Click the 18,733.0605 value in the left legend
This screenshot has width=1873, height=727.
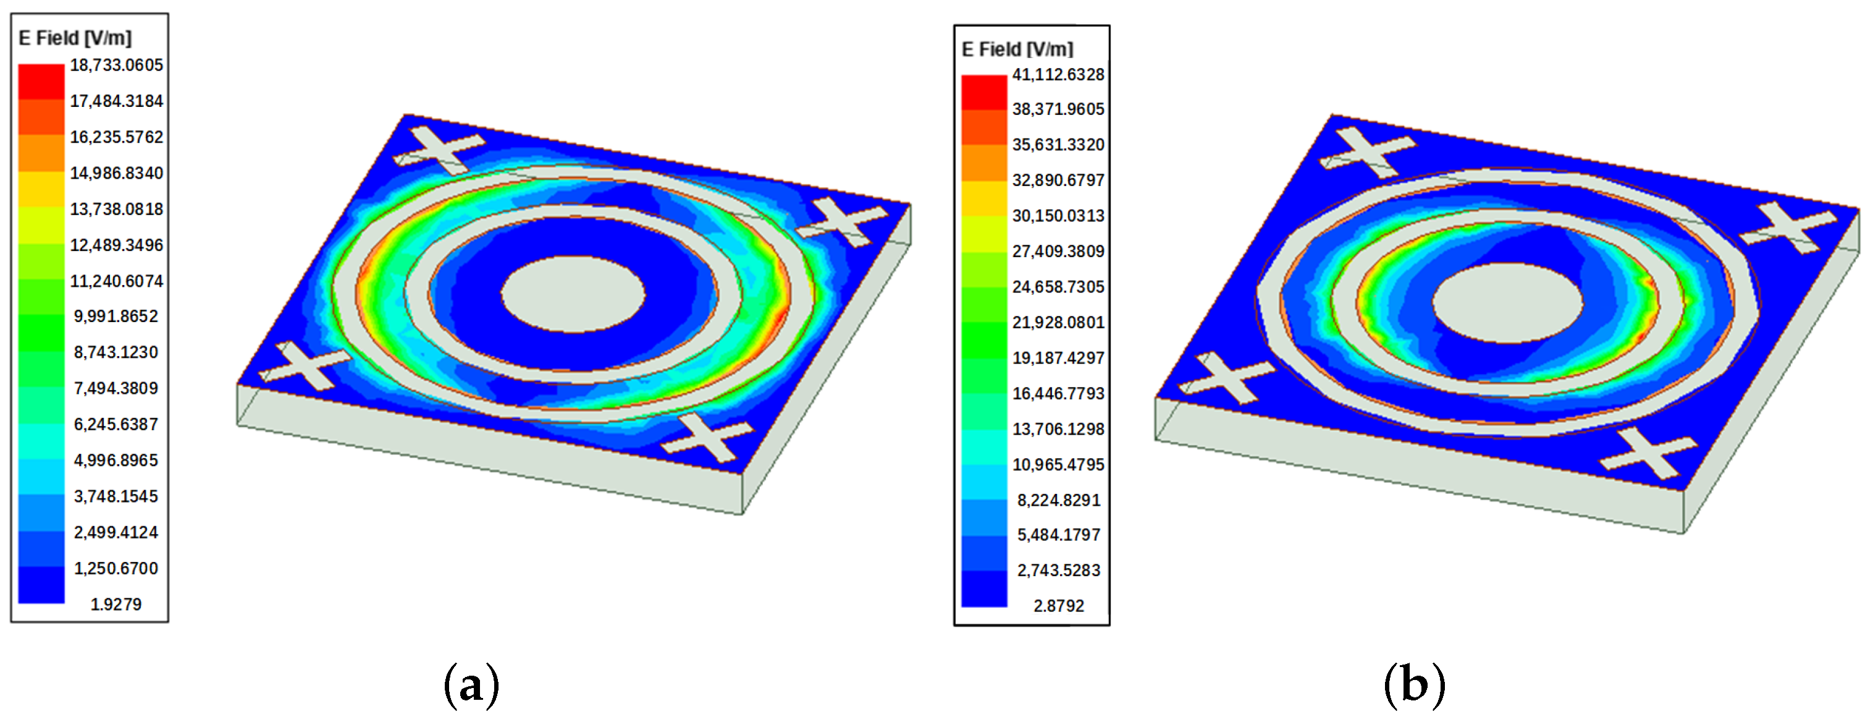tap(116, 66)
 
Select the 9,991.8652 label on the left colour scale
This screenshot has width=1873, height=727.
tap(116, 317)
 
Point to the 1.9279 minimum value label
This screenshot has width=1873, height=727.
tap(116, 604)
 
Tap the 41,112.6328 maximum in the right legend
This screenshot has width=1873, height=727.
tap(1058, 75)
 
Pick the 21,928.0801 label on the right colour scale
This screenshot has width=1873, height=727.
tap(1058, 322)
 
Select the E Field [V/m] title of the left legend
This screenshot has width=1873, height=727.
tap(75, 38)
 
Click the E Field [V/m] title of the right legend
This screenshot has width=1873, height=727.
tap(1017, 49)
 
